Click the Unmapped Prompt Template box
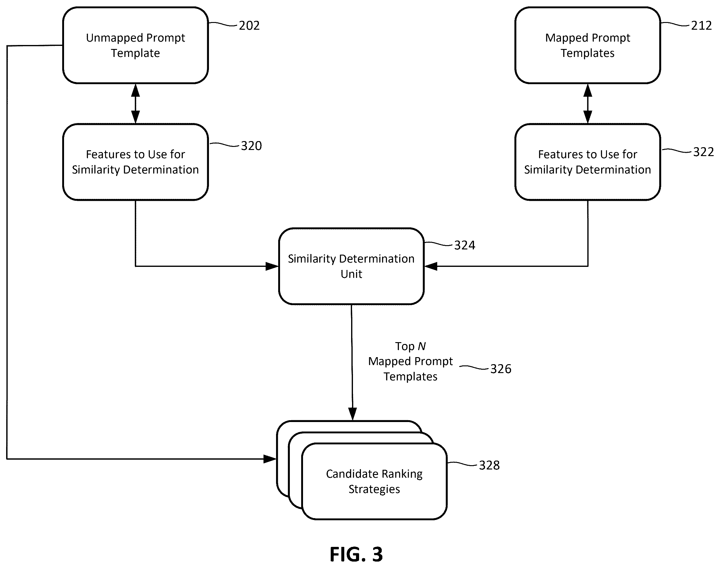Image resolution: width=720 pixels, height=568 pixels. pos(135,45)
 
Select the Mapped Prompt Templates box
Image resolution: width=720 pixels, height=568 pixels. pos(588,45)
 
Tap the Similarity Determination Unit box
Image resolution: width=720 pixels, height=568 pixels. pos(351,266)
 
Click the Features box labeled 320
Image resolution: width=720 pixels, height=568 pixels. pos(135,162)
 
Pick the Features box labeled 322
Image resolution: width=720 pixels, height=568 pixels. pos(588,162)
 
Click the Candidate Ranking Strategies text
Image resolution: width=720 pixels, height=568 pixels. pos(374,481)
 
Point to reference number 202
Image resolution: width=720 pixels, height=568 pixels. pos(249,26)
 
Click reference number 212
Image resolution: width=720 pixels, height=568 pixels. pos(701,26)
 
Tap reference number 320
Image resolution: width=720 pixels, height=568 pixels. pos(251,146)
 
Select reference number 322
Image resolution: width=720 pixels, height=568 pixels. pos(703,152)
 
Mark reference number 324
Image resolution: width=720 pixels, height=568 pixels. pos(465,245)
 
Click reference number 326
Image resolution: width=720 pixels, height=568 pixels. pos(501,369)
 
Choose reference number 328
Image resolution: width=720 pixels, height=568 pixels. pos(489,465)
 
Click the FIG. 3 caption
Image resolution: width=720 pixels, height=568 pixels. pos(356,554)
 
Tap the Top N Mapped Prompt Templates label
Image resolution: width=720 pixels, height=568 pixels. pos(411,361)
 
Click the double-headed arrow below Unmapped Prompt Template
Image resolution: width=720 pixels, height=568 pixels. pos(135,104)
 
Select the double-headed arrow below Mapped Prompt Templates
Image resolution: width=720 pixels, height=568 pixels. pos(588,104)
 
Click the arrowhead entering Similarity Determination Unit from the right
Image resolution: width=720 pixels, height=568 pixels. pos(431,266)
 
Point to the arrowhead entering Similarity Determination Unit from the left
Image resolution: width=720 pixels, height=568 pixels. pos(272,266)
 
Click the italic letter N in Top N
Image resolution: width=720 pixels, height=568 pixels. pos(421,346)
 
